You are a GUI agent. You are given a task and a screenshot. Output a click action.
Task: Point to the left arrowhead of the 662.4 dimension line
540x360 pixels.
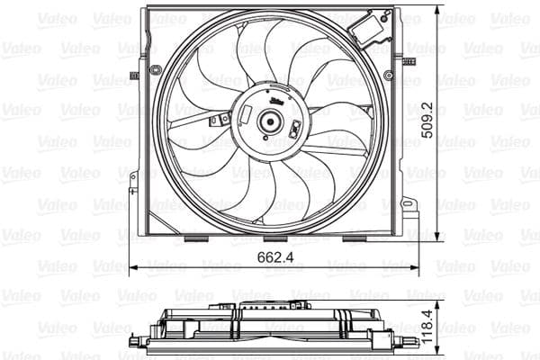tap(133, 267)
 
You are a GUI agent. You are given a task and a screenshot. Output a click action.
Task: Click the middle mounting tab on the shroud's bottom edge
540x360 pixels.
tap(275, 238)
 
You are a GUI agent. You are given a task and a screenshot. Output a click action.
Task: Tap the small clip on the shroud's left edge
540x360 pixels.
tap(134, 76)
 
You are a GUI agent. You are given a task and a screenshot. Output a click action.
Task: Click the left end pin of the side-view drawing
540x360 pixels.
tap(136, 341)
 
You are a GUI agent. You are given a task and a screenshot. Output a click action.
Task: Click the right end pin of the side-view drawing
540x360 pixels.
tap(410, 341)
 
